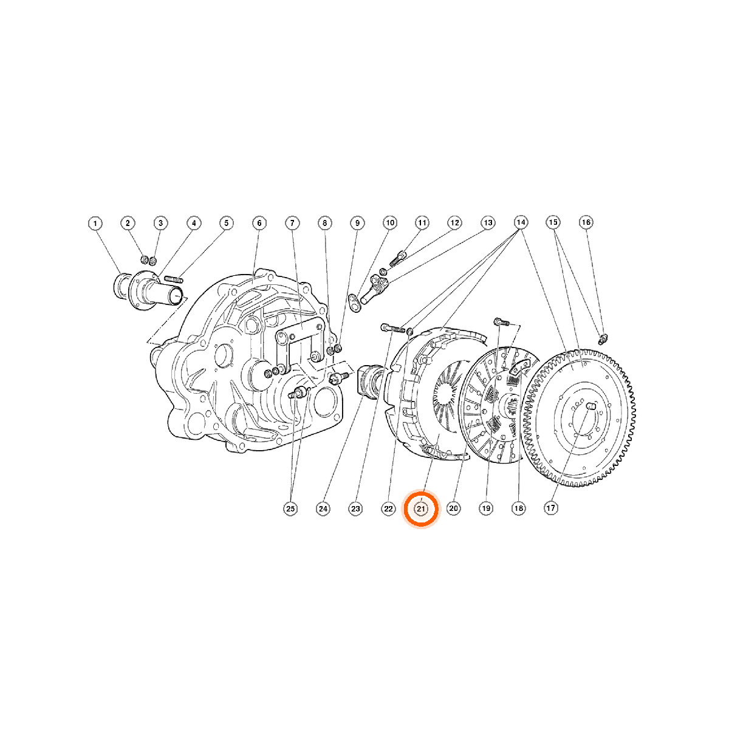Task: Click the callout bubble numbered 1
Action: coord(95,223)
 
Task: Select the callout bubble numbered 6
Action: coord(259,223)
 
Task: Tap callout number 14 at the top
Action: coord(521,222)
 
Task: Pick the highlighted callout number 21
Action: coord(421,508)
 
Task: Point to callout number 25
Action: coord(290,508)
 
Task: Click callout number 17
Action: coord(551,508)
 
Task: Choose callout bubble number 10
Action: coord(390,223)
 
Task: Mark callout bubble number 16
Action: coord(586,222)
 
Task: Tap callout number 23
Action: coord(355,508)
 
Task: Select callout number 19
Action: coord(486,508)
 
